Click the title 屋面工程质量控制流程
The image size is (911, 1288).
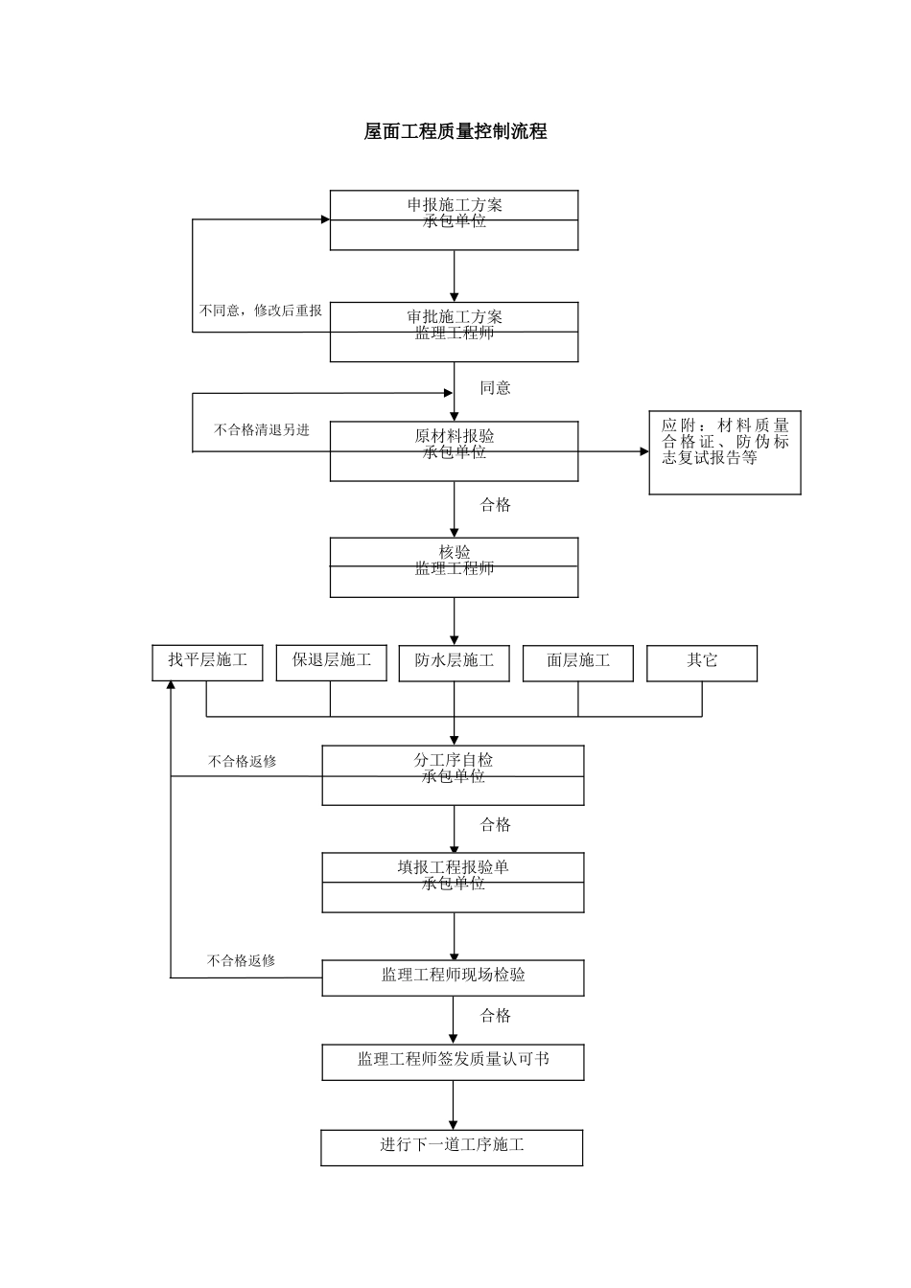click(x=455, y=132)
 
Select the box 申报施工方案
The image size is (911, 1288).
click(x=454, y=219)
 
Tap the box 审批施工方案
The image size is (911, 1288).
click(x=454, y=332)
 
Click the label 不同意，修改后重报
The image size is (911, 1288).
click(x=260, y=310)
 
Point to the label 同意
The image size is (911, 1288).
click(x=495, y=388)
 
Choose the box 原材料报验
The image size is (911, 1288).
click(x=454, y=450)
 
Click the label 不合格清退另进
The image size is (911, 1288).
click(x=261, y=430)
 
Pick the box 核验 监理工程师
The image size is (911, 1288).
click(x=454, y=566)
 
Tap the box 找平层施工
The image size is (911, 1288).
click(x=207, y=662)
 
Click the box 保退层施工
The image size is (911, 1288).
click(x=331, y=662)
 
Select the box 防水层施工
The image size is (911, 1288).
click(x=454, y=662)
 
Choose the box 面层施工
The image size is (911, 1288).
click(x=577, y=662)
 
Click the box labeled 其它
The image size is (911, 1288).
click(x=701, y=662)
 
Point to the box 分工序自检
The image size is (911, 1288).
click(x=453, y=775)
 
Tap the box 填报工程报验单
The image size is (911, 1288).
click(x=453, y=882)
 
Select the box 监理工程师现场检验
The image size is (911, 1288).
click(x=453, y=977)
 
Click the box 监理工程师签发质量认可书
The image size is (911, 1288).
click(x=453, y=1061)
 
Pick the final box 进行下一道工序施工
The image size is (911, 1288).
click(x=452, y=1147)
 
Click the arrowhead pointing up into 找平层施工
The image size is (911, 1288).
click(x=171, y=686)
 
